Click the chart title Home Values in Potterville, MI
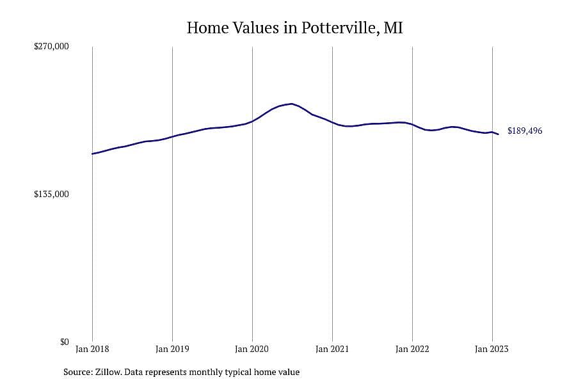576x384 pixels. coord(294,28)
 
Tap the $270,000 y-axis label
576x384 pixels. coord(51,46)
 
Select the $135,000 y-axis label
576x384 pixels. coord(51,194)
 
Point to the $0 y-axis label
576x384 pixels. coord(65,342)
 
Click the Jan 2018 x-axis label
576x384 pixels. coord(92,349)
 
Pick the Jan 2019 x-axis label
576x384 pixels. coord(172,349)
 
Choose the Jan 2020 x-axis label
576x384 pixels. coord(252,349)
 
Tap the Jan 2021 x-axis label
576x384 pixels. coord(332,349)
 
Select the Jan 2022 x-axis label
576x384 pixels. coord(412,349)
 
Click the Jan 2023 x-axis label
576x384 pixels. coord(492,349)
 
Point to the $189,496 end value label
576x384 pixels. coord(525,131)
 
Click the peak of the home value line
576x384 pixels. coord(292,104)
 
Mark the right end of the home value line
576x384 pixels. coord(498,134)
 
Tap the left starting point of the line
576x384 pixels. coord(92,154)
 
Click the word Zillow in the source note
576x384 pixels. coord(108,372)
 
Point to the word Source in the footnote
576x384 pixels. coord(78,372)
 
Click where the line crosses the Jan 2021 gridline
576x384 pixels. coord(332,122)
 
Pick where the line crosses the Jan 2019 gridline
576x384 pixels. coord(172,137)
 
